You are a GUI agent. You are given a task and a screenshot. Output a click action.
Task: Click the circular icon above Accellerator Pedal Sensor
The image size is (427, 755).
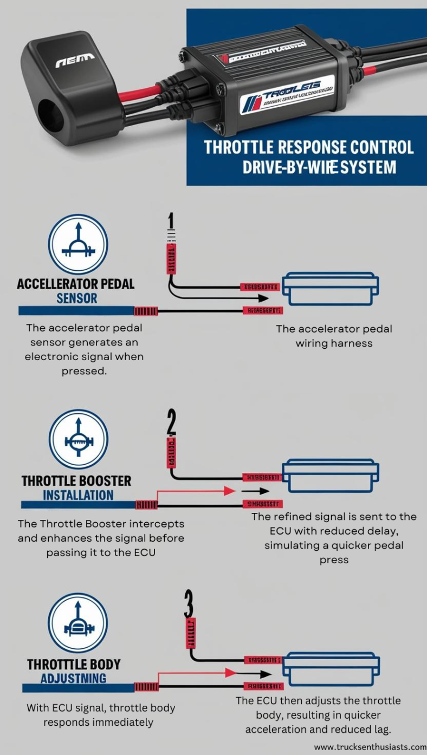tap(78, 245)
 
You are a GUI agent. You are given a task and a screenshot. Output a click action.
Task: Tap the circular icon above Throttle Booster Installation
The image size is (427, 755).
tap(79, 439)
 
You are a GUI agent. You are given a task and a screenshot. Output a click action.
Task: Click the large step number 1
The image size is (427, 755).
tap(171, 222)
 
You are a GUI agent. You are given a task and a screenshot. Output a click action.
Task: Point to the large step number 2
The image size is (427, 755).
tap(171, 423)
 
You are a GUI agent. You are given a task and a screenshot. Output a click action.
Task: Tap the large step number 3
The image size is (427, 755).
tap(189, 604)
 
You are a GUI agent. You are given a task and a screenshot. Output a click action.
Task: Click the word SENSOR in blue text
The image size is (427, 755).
tap(77, 298)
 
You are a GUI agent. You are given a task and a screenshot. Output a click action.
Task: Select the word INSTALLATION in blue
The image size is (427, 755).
tap(78, 495)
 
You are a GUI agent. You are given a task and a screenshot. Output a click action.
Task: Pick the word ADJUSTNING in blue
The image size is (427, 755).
tap(74, 678)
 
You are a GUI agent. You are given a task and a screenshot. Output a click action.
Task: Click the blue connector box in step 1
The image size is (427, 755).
tap(331, 289)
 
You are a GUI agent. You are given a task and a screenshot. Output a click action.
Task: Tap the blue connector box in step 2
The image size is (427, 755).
tap(331, 476)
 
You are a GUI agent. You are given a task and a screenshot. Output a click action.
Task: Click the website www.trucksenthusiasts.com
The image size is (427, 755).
tap(370, 747)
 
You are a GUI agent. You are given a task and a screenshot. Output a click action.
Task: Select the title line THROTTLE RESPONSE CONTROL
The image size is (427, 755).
tap(309, 147)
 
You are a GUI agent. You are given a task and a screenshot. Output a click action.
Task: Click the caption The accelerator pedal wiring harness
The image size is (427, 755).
tap(334, 336)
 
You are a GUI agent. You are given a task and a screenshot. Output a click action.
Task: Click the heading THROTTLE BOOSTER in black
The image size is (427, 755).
tap(76, 481)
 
